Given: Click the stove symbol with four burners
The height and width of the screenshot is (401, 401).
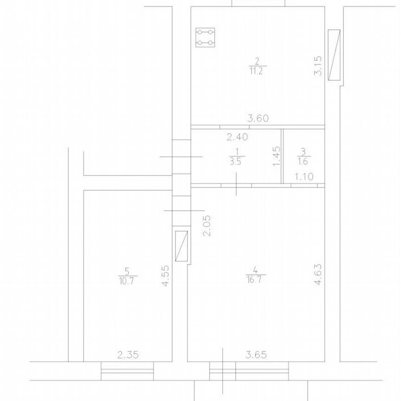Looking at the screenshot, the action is tap(205, 37).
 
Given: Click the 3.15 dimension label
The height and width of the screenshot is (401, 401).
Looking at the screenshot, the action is tap(318, 66).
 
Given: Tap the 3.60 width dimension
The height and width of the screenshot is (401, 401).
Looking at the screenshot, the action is tap(258, 118).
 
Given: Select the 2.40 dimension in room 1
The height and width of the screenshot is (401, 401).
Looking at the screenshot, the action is tap(237, 137).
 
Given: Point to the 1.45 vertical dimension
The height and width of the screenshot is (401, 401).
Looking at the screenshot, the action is tap(277, 156).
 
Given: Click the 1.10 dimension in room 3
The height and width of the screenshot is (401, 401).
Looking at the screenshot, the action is tap(304, 177).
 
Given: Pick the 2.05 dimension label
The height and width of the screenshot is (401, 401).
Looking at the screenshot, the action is tap(207, 226).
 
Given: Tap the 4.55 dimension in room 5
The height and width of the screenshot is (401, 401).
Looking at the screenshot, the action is tap(166, 276).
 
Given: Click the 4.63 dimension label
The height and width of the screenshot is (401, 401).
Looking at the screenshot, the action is tap(318, 274).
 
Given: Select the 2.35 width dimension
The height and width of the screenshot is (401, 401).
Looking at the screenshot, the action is tap(128, 355).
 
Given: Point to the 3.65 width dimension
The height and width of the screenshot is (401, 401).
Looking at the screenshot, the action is tap(256, 355).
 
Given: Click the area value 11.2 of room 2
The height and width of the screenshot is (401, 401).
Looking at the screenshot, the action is tap(256, 71).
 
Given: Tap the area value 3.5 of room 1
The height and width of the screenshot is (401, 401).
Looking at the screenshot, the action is tap(235, 162).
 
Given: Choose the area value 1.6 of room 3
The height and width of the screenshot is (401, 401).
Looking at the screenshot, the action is tap(303, 162).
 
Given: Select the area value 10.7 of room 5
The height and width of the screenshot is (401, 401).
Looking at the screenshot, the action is tap(127, 281).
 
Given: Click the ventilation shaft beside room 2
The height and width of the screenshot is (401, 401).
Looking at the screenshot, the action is tap(334, 55).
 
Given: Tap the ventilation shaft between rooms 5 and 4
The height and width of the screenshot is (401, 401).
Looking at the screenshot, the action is tap(181, 246).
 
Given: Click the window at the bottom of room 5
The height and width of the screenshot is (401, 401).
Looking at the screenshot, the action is tap(127, 371).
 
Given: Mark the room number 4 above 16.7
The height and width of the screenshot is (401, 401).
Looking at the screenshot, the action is tap(255, 270).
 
